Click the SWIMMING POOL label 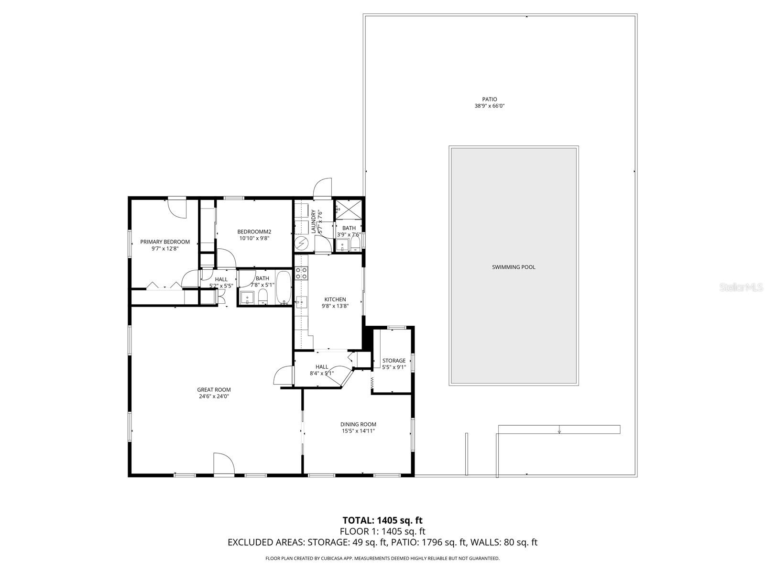pyautogui.click(x=514, y=267)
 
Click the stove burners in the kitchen pyautogui.click(x=301, y=273)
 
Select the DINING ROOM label pyautogui.click(x=358, y=424)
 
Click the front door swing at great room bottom pyautogui.click(x=223, y=464)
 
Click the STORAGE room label pyautogui.click(x=394, y=361)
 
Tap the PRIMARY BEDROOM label pyautogui.click(x=164, y=242)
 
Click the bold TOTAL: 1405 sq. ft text pyautogui.click(x=382, y=520)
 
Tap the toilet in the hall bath pyautogui.click(x=262, y=297)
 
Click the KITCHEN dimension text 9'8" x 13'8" pyautogui.click(x=335, y=306)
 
